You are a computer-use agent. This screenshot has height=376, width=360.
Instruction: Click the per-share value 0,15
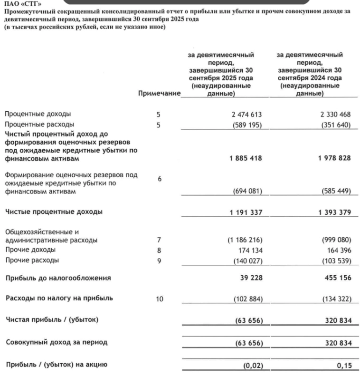click(344, 365)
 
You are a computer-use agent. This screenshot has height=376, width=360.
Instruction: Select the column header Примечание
click(159, 94)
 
